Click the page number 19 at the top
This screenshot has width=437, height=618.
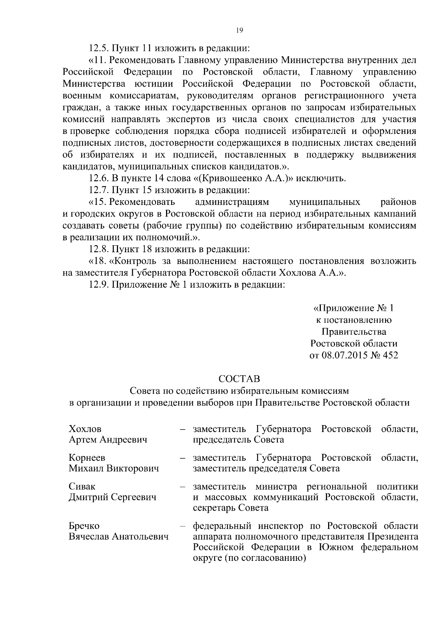point(239,31)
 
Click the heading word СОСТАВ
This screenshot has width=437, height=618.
point(239,379)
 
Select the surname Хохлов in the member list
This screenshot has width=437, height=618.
point(85,428)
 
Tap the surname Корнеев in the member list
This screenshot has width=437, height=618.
point(87,457)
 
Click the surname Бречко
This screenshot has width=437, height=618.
point(84,526)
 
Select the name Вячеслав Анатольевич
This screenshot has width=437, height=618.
point(119,536)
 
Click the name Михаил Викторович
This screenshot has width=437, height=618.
point(114,468)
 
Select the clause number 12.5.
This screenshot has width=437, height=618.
point(99,48)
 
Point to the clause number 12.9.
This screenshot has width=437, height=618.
point(99,285)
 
